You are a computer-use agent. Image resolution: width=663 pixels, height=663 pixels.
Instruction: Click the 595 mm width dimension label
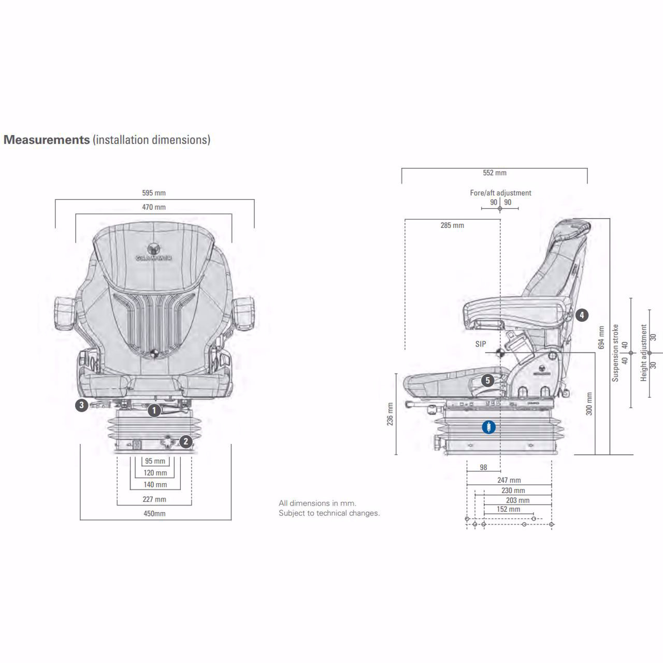pyautogui.click(x=154, y=193)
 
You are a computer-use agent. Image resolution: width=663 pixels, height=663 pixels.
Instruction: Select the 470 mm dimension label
pyautogui.click(x=154, y=207)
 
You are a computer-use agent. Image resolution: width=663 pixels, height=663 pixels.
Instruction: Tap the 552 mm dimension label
pyautogui.click(x=494, y=173)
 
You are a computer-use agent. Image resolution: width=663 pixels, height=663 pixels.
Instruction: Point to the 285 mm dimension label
pyautogui.click(x=452, y=225)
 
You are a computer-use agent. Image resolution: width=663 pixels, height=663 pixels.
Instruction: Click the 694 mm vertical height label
pyautogui.click(x=601, y=337)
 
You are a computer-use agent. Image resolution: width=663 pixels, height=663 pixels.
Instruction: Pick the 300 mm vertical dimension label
pyautogui.click(x=589, y=404)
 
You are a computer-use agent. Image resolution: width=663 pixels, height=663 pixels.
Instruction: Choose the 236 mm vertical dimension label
pyautogui.click(x=390, y=413)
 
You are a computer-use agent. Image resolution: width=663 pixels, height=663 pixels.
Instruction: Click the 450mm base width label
pyautogui.click(x=154, y=514)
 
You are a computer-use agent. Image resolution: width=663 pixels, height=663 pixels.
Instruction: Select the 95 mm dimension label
pyautogui.click(x=155, y=461)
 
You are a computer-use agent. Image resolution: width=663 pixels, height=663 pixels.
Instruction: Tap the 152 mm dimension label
pyautogui.click(x=508, y=509)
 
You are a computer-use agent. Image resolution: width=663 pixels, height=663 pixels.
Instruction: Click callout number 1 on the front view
pyautogui.click(x=154, y=411)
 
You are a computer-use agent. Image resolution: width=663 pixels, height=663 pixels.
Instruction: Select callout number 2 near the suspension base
pyautogui.click(x=186, y=442)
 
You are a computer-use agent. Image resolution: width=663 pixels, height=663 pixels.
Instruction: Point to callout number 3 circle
pyautogui.click(x=81, y=405)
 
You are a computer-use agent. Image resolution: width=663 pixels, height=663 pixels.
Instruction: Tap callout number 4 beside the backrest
pyautogui.click(x=582, y=315)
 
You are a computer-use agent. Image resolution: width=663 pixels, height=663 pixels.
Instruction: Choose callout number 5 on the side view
pyautogui.click(x=487, y=381)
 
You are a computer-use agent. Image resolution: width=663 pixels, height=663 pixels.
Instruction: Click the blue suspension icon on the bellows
pyautogui.click(x=488, y=427)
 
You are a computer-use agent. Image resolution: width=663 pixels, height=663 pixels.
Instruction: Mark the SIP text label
pyautogui.click(x=481, y=344)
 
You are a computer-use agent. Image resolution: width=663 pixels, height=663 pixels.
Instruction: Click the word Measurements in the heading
pyautogui.click(x=47, y=140)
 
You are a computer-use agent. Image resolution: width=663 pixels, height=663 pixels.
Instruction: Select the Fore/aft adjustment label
pyautogui.click(x=500, y=193)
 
